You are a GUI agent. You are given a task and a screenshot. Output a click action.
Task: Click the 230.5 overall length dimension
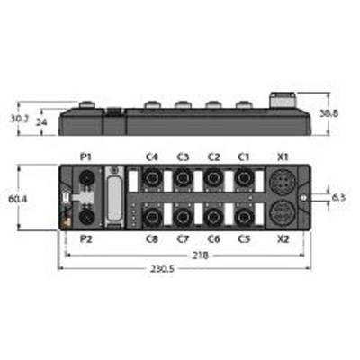[x=162, y=269]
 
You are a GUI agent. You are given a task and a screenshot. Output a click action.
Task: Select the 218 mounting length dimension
[x=201, y=256]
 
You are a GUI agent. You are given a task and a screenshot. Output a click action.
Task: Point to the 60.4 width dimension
[x=18, y=199]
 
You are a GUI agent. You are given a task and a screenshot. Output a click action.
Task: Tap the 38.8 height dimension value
[x=329, y=113]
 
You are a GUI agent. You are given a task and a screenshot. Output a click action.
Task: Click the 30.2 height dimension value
[x=20, y=119]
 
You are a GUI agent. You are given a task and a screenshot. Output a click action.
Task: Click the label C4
[x=152, y=157]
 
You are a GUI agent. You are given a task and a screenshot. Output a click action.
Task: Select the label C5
[x=244, y=239]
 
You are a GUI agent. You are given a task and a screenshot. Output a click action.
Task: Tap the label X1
[x=283, y=157]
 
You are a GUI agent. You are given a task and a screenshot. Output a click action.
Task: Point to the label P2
[x=85, y=239]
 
